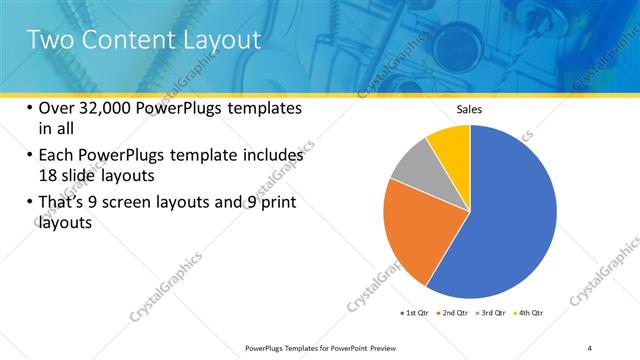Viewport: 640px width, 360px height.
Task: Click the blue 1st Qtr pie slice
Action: point(510,220)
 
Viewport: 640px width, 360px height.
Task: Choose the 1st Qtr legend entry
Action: point(415,314)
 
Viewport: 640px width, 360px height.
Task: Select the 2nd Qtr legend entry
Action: point(454,314)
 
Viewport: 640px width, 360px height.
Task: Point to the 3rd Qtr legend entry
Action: point(491,314)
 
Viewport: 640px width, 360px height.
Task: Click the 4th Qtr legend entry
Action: point(528,314)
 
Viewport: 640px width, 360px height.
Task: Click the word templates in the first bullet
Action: point(261,109)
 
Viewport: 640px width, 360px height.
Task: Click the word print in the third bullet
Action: point(276,203)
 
